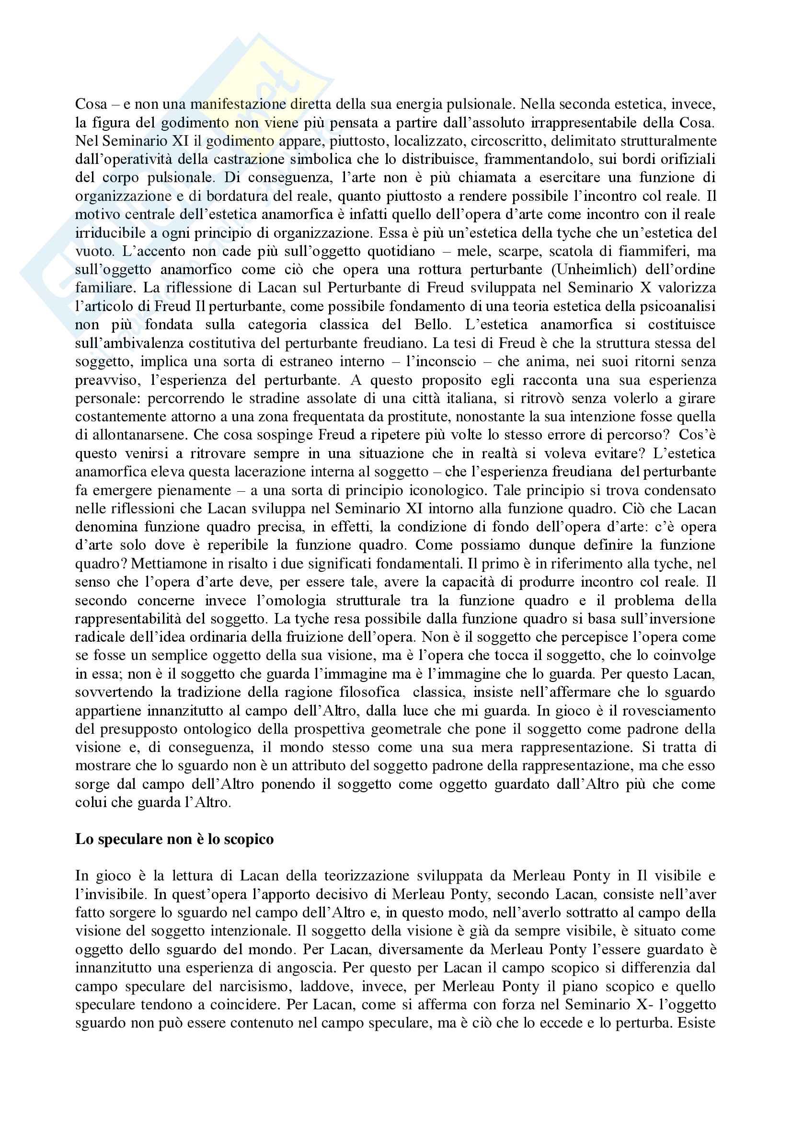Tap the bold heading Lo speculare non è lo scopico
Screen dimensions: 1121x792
coord(174,839)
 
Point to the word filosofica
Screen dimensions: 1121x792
coord(367,692)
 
